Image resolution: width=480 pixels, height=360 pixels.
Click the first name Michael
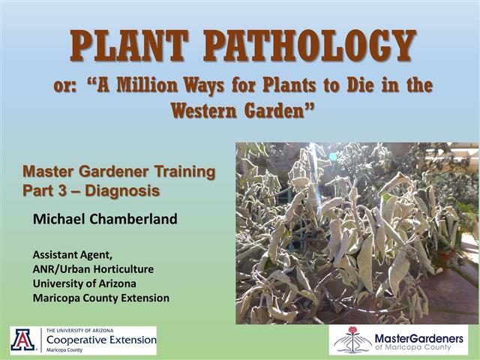pos(61,219)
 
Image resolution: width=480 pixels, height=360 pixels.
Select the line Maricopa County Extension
pos(100,298)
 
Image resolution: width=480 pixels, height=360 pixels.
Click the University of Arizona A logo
pos(23,340)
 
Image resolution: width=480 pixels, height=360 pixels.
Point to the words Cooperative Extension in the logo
pos(101,340)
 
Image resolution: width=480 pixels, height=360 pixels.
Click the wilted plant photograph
pos(357,232)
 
